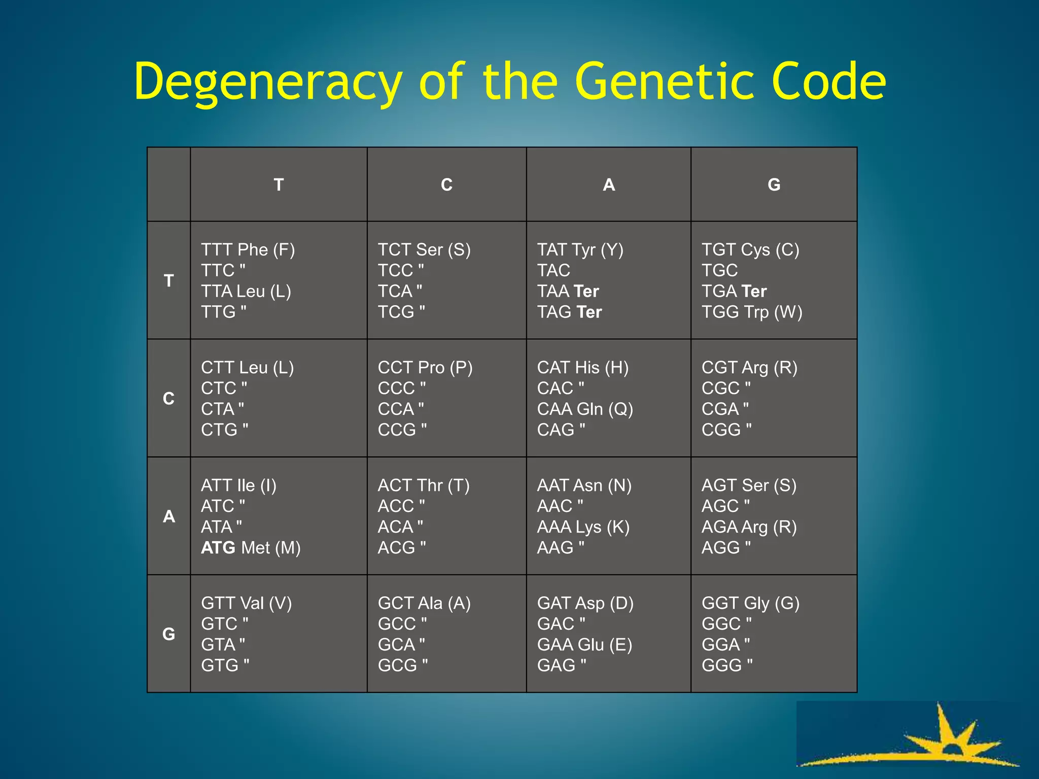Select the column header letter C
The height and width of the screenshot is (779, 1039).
(446, 185)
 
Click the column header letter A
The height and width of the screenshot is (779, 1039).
(609, 185)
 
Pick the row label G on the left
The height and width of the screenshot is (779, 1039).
(168, 634)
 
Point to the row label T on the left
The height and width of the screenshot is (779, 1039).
(168, 280)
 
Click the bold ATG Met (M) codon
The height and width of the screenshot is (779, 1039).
(251, 548)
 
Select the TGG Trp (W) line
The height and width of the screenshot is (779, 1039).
(752, 312)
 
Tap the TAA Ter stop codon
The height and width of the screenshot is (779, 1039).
(568, 291)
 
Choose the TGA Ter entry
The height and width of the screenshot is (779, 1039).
(734, 291)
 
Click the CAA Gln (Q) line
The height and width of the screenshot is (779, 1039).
(585, 409)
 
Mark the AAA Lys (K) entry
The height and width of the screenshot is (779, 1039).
(583, 527)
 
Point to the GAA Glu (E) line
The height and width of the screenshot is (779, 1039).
(584, 645)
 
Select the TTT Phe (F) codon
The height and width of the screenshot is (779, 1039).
(248, 250)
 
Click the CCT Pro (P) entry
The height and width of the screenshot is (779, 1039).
(425, 367)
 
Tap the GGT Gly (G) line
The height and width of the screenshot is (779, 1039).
(750, 603)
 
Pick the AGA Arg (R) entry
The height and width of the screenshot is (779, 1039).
(749, 527)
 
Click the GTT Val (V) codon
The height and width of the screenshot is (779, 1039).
(247, 603)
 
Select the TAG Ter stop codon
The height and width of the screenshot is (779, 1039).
(569, 312)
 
